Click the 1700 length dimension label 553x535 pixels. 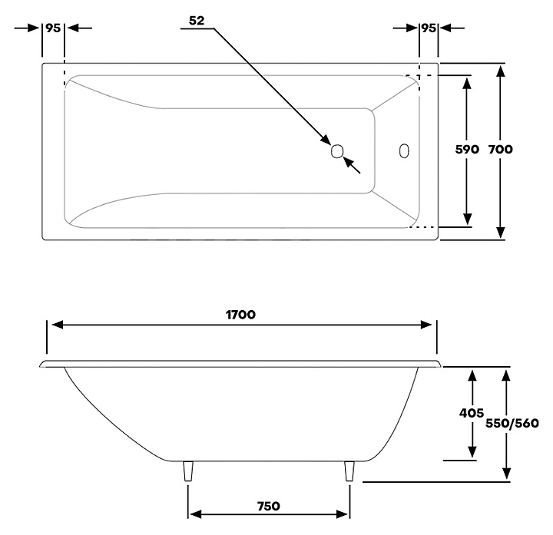click(240, 315)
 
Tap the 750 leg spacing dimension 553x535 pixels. click(268, 506)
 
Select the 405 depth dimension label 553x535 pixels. click(471, 413)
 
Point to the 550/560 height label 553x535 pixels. click(512, 423)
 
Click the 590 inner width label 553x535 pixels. click(467, 150)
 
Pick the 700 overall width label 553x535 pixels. click(501, 150)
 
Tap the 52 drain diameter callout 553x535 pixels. click(197, 21)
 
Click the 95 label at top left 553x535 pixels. click(53, 28)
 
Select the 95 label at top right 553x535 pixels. click(429, 28)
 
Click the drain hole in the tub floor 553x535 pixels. click(337, 151)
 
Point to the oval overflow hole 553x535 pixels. click(404, 151)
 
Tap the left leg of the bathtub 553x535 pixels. click(188, 471)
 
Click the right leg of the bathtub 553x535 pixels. click(349, 471)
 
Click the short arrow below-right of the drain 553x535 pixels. click(352, 165)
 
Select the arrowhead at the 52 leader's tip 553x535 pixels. click(326, 139)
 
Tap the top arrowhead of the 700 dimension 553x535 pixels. click(501, 71)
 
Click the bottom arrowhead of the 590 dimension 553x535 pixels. click(467, 219)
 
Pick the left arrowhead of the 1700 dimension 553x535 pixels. click(58, 325)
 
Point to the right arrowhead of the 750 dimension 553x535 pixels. click(342, 514)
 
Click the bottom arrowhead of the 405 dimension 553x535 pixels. click(472, 452)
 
